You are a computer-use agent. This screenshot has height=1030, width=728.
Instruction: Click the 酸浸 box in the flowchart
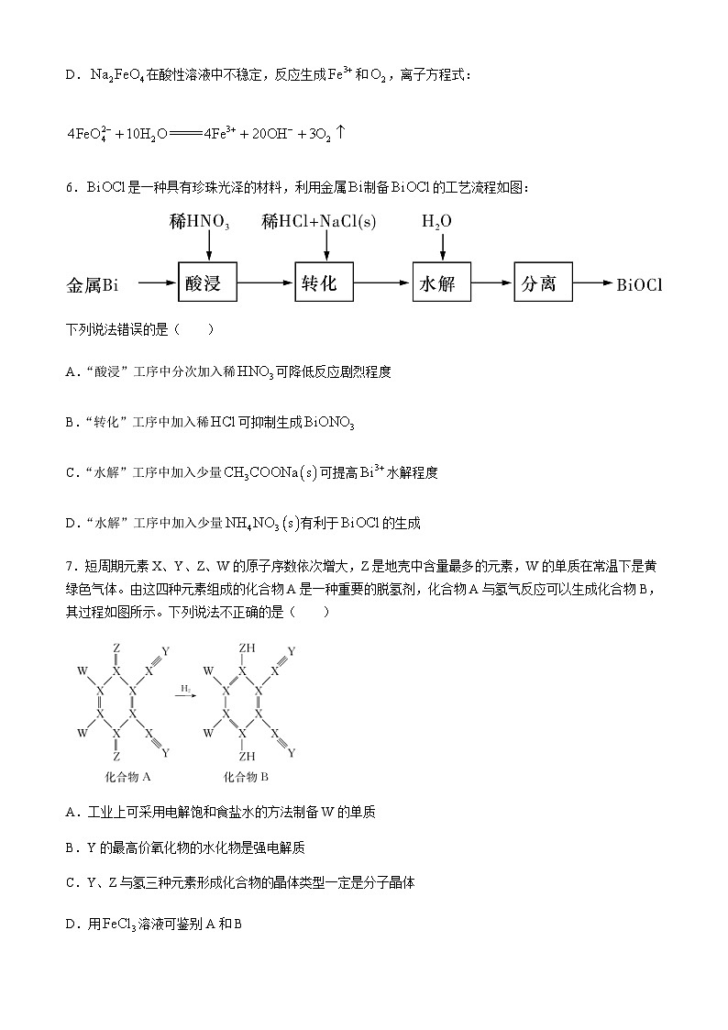pos(209,282)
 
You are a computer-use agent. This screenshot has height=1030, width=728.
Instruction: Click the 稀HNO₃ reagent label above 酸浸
pos(199,222)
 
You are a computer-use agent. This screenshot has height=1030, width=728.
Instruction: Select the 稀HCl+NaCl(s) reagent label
pos(318,222)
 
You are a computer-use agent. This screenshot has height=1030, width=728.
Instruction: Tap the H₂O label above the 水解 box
pos(436,222)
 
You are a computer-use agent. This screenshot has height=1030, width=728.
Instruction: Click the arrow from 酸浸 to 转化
pos(267,283)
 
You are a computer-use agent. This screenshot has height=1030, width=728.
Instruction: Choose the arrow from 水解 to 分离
pos(492,283)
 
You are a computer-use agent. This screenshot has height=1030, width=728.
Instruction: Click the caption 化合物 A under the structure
pos(128,777)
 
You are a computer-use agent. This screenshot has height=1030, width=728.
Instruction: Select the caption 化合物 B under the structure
pos(246,777)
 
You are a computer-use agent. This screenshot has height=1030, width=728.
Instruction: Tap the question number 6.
pos(70,187)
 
